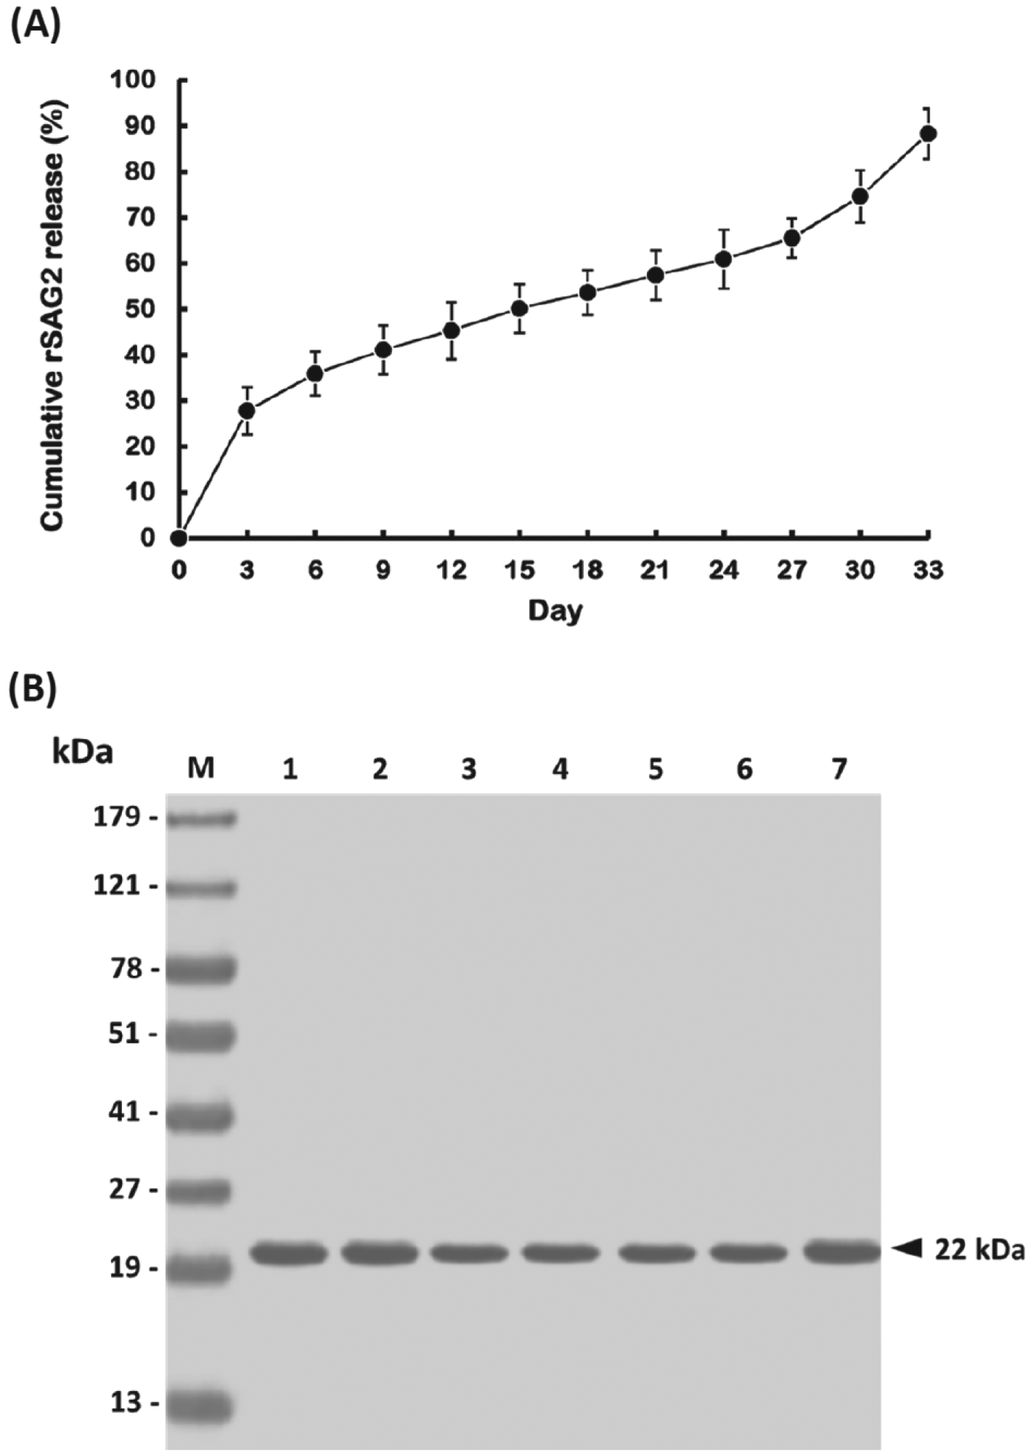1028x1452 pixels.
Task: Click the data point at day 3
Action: click(247, 410)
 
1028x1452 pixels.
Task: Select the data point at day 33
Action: click(928, 133)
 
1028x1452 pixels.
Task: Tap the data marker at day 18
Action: click(587, 292)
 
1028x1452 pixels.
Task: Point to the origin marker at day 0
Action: click(178, 538)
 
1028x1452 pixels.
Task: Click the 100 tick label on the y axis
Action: click(133, 79)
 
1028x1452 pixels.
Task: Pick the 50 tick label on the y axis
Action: click(140, 308)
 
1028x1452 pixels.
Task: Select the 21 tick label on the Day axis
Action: click(655, 570)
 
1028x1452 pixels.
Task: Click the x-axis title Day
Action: click(555, 610)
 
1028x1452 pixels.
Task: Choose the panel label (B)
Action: click(33, 690)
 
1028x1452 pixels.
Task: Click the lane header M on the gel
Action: click(200, 768)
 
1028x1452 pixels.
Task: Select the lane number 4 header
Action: click(560, 769)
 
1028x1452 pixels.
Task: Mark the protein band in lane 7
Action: click(841, 1251)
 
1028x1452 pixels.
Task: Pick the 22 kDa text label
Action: click(979, 1249)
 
